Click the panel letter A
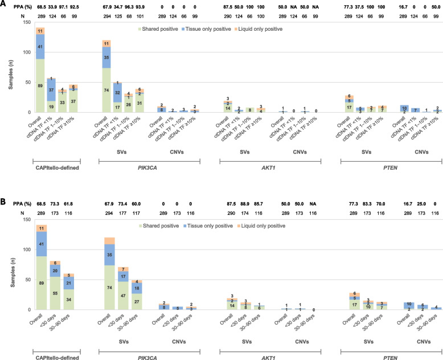point(3,5)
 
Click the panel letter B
point(3,186)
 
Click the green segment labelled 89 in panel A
point(40,85)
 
